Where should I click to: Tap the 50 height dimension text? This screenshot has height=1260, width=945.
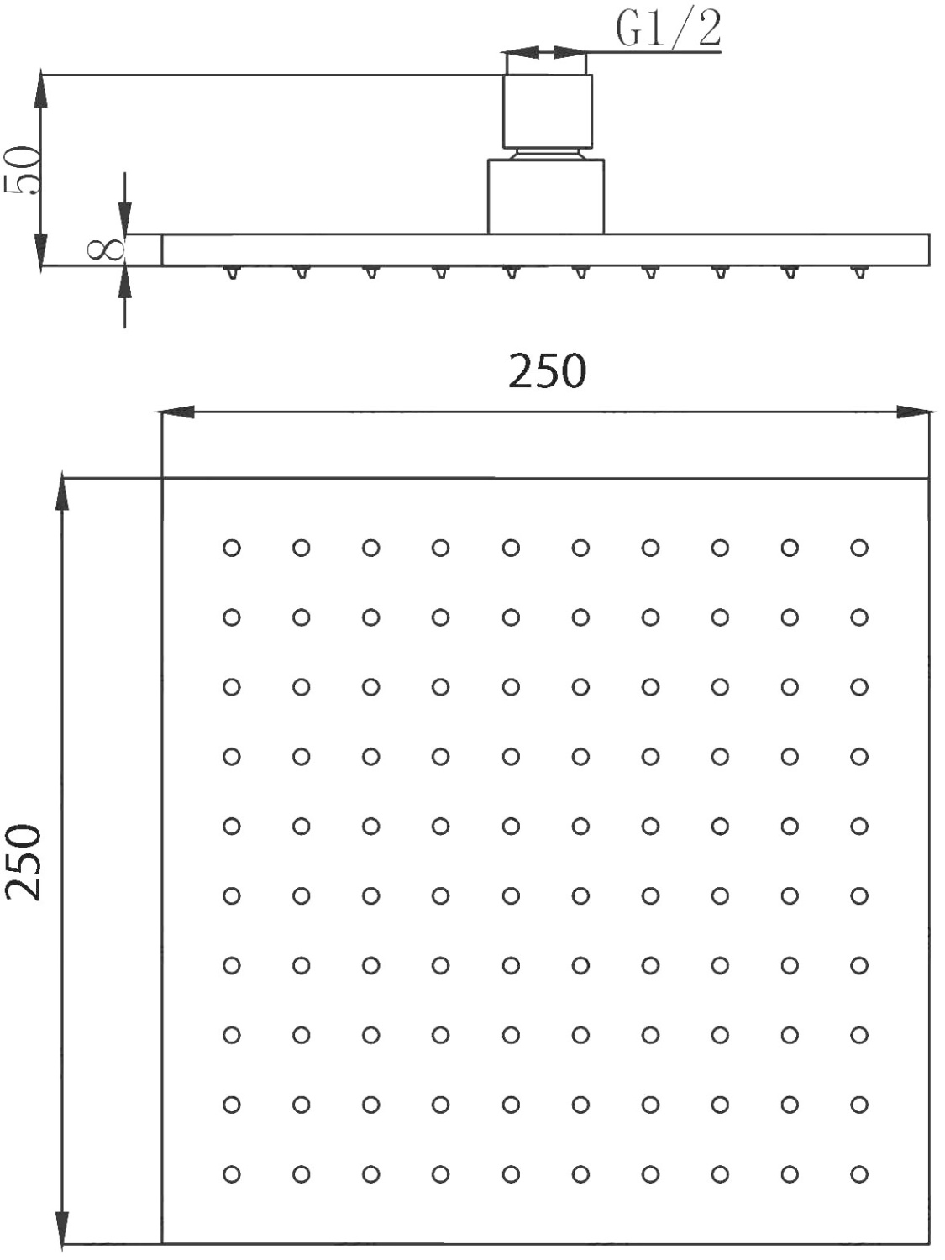22,171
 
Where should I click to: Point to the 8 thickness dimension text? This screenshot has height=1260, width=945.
106,249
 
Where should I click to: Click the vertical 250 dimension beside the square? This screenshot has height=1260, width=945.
23,863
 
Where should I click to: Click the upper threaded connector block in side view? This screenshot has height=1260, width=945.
548,111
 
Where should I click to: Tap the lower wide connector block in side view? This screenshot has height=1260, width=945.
546,197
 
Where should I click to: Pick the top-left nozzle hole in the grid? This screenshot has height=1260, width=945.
231,548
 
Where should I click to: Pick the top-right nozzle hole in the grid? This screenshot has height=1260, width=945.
859,548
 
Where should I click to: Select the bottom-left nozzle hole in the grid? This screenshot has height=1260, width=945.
231,1173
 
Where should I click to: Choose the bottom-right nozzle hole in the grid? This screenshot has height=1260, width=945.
859,1173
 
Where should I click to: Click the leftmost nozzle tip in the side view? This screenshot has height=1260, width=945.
232,272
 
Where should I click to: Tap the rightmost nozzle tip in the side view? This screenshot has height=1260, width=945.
859,272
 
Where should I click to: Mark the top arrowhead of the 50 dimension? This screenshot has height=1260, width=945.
40,90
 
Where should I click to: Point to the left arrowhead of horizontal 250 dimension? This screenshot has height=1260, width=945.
175,412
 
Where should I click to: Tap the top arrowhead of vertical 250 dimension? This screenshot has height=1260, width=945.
62,494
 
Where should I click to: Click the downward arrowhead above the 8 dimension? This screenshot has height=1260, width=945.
125,218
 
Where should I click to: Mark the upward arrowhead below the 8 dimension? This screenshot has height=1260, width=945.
125,282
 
